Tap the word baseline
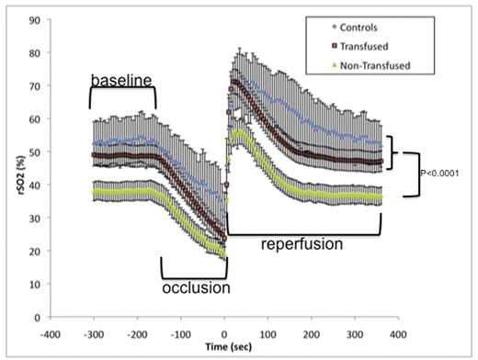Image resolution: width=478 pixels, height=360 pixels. point(121,81)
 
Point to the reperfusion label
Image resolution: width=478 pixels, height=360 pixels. point(302,245)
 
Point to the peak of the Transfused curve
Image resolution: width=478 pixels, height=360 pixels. point(235,82)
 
